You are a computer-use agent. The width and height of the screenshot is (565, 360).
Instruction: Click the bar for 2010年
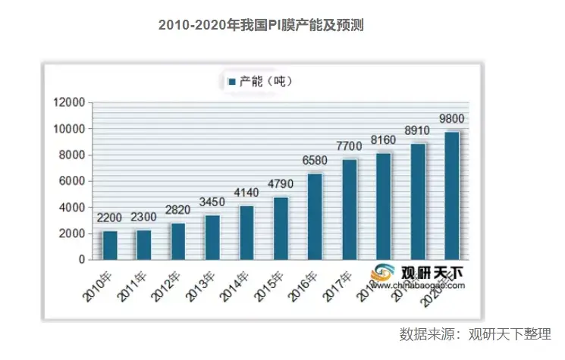pos(110,245)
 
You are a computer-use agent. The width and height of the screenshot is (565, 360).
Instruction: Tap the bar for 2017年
pos(349,208)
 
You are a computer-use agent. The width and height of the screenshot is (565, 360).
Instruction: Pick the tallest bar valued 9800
pos(451,196)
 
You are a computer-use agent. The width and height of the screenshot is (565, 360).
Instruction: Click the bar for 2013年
pos(212,237)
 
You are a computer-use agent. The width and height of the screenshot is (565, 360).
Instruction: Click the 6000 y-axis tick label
pos(71,181)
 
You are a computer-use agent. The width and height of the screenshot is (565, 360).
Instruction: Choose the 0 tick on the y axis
pos(80,259)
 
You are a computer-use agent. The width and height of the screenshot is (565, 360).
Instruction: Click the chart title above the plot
pos(262,25)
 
